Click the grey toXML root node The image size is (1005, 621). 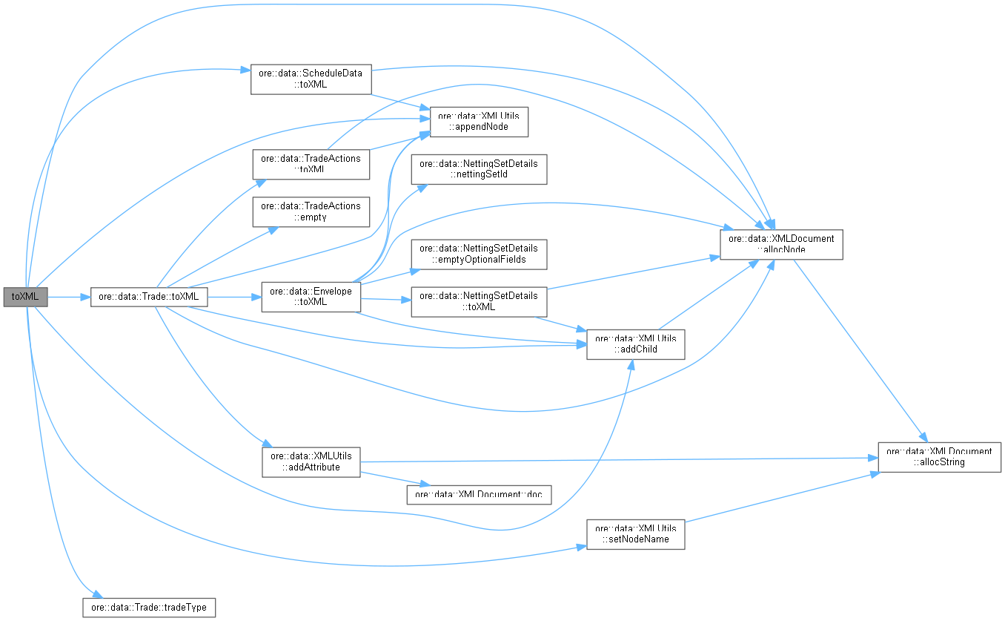(x=25, y=297)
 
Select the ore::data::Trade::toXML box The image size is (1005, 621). (x=148, y=297)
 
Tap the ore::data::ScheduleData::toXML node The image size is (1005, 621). (x=310, y=79)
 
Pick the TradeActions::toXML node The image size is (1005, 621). (x=311, y=164)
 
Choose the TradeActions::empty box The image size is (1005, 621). (x=311, y=211)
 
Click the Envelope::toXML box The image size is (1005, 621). (x=311, y=297)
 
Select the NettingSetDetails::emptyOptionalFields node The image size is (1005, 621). (x=479, y=254)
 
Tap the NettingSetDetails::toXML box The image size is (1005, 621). (x=479, y=301)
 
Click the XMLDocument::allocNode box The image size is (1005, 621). (x=781, y=244)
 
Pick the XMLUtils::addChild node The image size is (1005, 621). (x=635, y=344)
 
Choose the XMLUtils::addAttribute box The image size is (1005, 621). (x=311, y=461)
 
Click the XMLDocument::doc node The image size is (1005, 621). (x=479, y=494)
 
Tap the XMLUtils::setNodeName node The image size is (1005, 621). (x=635, y=534)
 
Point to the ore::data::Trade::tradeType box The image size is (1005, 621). (x=148, y=607)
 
